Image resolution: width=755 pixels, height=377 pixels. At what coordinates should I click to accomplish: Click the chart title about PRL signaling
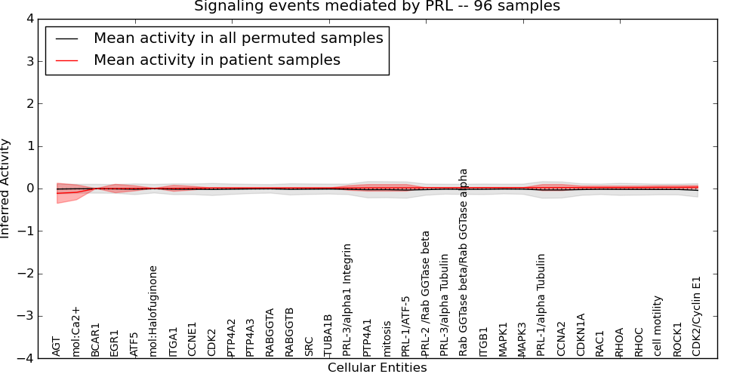pos(377,7)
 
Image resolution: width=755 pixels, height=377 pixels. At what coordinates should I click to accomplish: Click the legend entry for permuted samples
pos(238,38)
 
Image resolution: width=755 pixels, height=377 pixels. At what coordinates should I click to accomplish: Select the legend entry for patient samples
pos(217,60)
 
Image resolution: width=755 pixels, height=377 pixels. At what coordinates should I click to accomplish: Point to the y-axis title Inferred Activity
pos(6,188)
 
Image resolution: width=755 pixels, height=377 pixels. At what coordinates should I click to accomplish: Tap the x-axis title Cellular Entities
pos(377,368)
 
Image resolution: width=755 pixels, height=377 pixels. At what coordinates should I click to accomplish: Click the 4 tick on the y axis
pos(31,19)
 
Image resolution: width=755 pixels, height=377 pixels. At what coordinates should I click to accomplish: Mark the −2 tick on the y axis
pos(27,274)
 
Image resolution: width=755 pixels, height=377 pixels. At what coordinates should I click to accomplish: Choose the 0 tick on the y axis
pos(31,188)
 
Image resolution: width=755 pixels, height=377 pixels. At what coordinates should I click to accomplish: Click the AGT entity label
pos(57,345)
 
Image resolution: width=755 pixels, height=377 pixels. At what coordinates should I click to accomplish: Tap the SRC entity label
pos(309,345)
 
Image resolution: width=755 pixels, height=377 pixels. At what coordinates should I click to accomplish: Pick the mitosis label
pos(387,339)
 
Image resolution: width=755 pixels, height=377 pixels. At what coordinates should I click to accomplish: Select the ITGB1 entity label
pos(484,342)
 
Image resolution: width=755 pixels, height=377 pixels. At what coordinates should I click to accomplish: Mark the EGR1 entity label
pos(115,342)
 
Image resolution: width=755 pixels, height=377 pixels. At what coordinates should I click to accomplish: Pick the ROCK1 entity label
pos(677,339)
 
